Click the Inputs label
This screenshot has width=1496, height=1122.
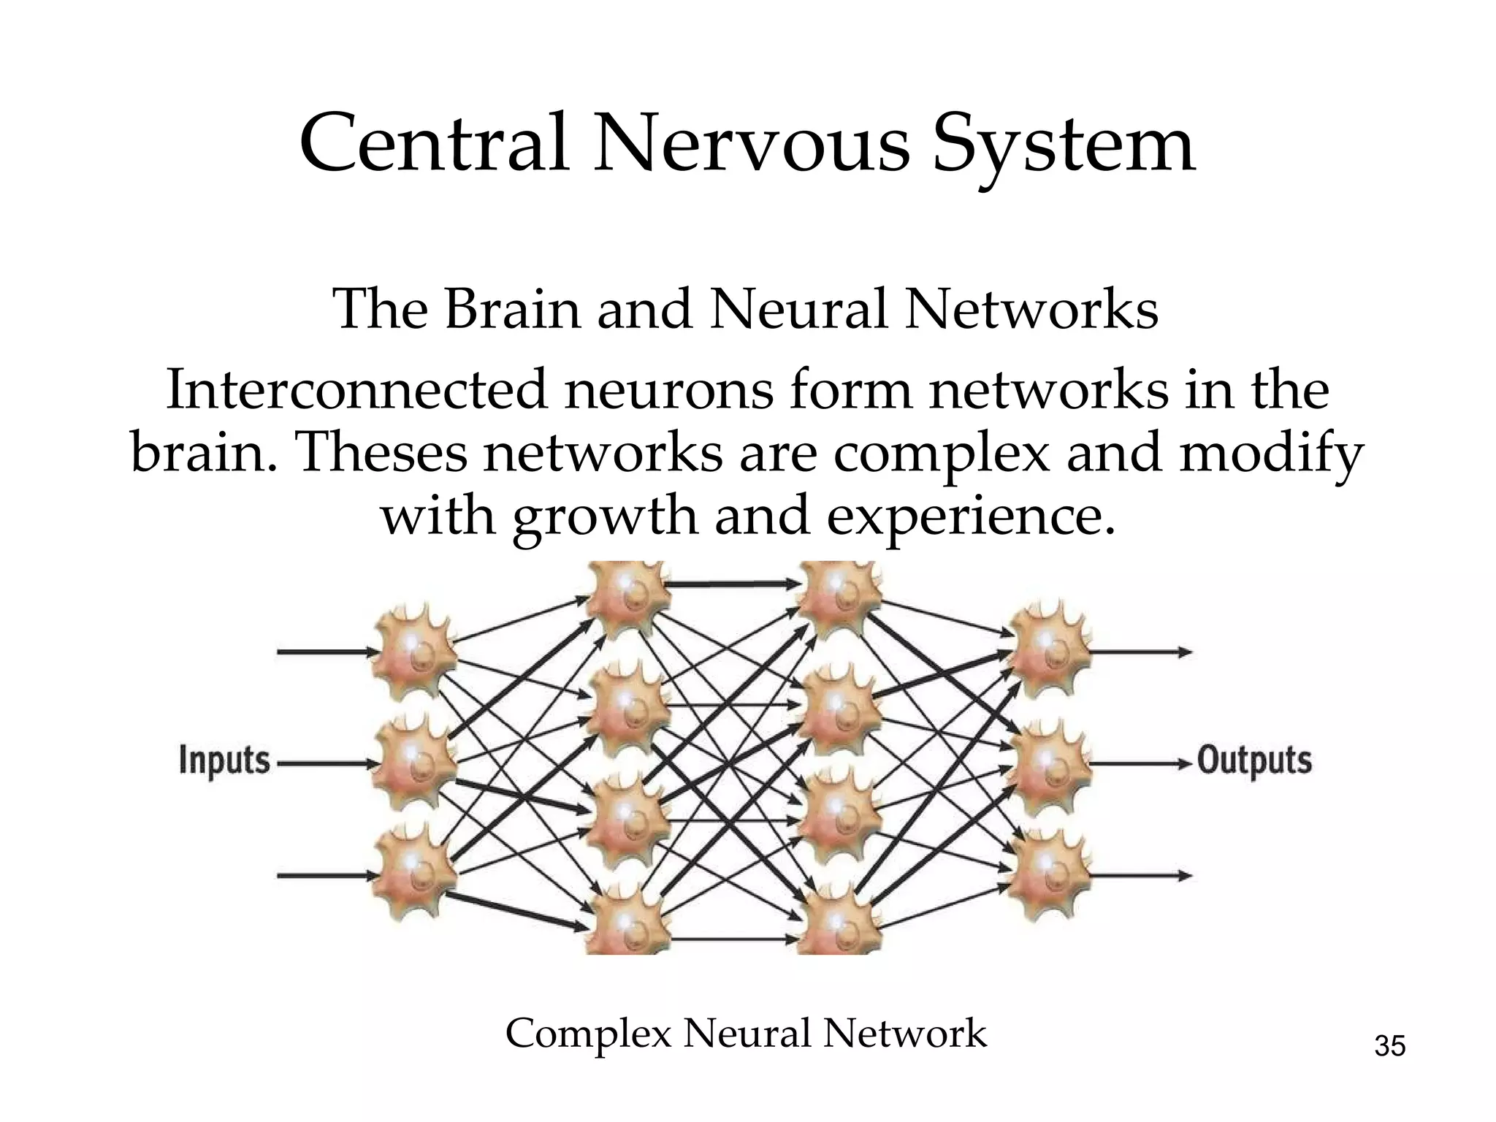pos(224,761)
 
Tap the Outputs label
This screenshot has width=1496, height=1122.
pos(1254,761)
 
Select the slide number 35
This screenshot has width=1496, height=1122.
pos(1389,1047)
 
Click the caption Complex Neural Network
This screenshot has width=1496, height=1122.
pos(746,1034)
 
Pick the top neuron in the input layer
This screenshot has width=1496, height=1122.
pos(413,652)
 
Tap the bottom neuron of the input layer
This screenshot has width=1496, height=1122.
pos(413,874)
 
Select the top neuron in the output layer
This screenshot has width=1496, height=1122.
pos(1049,652)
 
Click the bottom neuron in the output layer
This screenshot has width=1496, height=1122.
pos(1049,874)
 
